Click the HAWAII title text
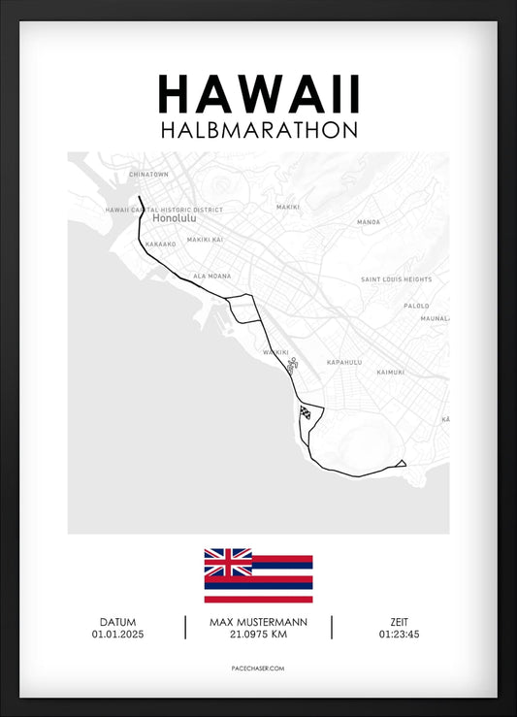point(258,94)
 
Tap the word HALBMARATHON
point(258,129)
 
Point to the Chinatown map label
point(148,175)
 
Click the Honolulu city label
point(174,218)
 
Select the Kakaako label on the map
point(160,244)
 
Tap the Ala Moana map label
point(211,276)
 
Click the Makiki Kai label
point(205,239)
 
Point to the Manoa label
point(369,222)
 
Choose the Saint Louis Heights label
point(396,279)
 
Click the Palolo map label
point(416,305)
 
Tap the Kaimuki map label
point(390,372)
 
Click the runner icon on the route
point(291,366)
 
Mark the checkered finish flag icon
point(307,411)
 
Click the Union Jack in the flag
point(228,562)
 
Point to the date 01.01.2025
point(117,635)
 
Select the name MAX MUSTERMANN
point(257,622)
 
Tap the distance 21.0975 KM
point(257,635)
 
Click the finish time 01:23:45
point(400,635)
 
